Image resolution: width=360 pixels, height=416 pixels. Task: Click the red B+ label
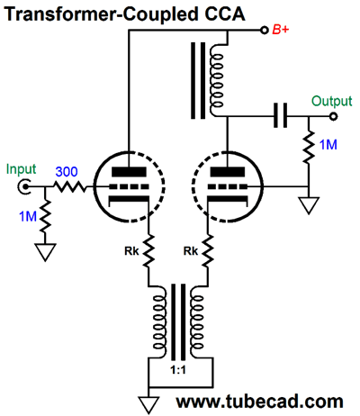pos(281,30)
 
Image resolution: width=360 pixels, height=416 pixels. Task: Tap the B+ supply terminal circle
pos(265,30)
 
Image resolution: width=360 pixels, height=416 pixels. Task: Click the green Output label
pos(331,102)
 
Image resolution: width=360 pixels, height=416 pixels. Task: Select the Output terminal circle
pos(333,116)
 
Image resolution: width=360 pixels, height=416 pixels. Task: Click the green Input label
pos(21,169)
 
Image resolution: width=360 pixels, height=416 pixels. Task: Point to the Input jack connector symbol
pos(23,187)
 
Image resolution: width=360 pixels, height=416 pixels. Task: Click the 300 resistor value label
pos(67,172)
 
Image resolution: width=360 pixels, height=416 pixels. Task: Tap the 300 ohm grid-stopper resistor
pos(70,187)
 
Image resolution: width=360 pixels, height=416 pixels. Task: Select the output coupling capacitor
pos(280,115)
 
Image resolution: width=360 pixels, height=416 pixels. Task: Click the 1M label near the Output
pos(328,145)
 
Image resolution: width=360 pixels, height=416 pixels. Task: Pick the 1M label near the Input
pos(28,216)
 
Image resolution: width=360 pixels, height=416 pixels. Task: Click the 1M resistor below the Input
pos(45,215)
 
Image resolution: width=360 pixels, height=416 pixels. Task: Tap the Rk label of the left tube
pos(131,251)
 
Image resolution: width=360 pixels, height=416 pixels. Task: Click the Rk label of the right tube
pos(191,251)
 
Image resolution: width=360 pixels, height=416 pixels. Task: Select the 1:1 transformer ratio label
pos(178,370)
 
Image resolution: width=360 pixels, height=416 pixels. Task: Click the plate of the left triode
pos(129,172)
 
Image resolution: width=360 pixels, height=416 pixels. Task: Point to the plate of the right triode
pos(228,172)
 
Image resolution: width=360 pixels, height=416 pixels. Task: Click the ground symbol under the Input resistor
pos(45,252)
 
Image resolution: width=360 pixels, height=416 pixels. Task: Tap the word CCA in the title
pos(223,14)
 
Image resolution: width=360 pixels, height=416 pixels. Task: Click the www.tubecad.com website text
pos(259,401)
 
